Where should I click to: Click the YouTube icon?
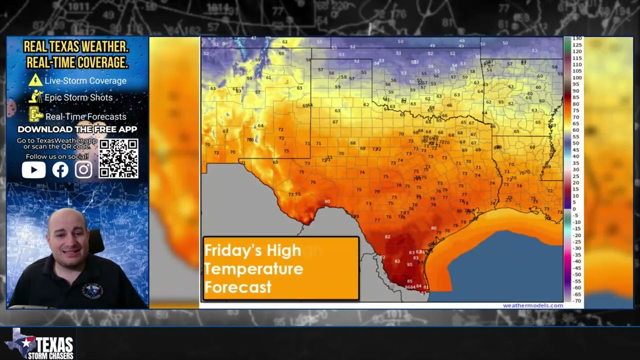pos(33,170)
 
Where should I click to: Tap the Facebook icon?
pos(60,170)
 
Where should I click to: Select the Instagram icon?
pos(83,170)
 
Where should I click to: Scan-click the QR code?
pos(118,158)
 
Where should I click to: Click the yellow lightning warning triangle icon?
pos(35,80)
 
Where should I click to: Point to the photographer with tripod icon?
pos(36,97)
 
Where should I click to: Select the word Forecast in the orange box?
pos(238,287)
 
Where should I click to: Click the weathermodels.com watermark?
pos(532,305)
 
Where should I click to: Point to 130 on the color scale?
pos(576,39)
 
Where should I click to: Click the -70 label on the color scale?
pos(576,300)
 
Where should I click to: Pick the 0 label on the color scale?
pos(574,209)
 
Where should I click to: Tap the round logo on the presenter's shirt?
pos(92,290)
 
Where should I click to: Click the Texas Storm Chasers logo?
pos(40,344)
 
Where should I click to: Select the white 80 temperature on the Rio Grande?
pos(327,201)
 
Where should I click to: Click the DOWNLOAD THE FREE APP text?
pos(77,129)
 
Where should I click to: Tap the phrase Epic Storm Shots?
pos(78,97)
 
